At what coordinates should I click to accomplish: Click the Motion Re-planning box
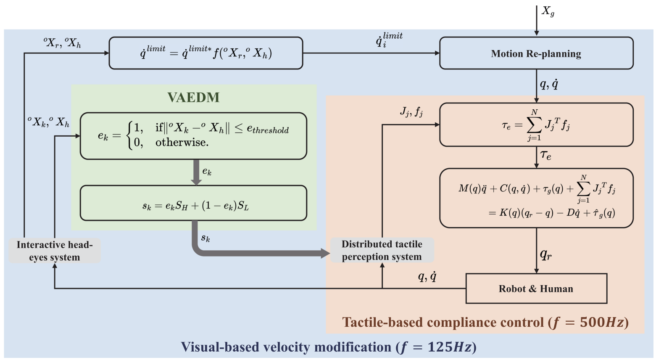click(x=536, y=53)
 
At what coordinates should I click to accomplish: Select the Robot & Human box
click(x=536, y=289)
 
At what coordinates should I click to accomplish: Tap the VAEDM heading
click(x=193, y=98)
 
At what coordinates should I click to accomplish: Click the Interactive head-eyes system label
click(x=54, y=251)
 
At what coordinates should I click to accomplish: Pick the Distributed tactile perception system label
click(x=382, y=250)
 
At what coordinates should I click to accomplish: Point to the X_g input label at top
click(x=548, y=11)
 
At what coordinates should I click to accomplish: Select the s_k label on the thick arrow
click(x=205, y=238)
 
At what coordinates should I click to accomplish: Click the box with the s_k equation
click(x=193, y=203)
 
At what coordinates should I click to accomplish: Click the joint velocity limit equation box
click(x=205, y=53)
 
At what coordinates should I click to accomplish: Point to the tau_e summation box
click(x=536, y=125)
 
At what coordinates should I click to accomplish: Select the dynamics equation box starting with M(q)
click(x=536, y=198)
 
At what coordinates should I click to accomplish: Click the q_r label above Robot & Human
click(x=545, y=254)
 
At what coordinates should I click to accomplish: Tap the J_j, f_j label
click(x=411, y=112)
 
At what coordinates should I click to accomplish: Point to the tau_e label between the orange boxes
click(x=545, y=155)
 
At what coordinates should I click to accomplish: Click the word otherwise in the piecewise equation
click(x=182, y=143)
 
